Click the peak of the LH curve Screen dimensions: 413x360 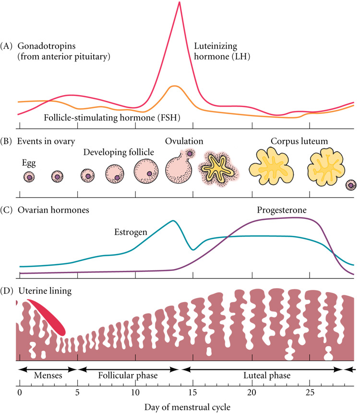coord(179,3)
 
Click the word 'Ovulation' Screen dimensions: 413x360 coord(184,141)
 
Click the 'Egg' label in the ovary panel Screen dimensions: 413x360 coord(29,162)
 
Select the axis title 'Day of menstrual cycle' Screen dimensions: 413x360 coord(188,406)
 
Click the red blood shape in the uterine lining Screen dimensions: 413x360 coord(48,317)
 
